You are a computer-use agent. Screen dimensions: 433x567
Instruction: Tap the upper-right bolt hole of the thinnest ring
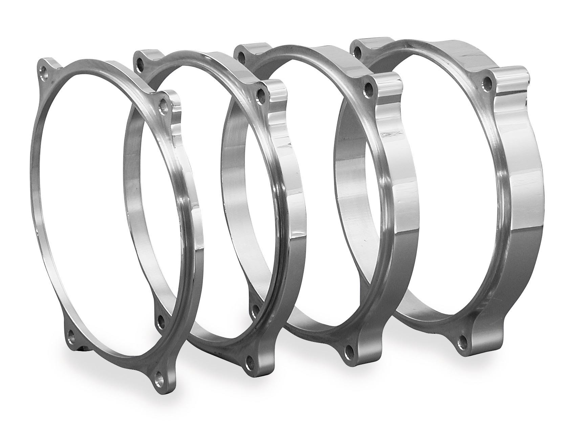[164, 102]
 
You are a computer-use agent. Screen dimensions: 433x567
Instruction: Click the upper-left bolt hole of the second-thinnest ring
[138, 61]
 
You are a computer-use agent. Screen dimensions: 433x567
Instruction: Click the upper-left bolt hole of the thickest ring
[357, 50]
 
